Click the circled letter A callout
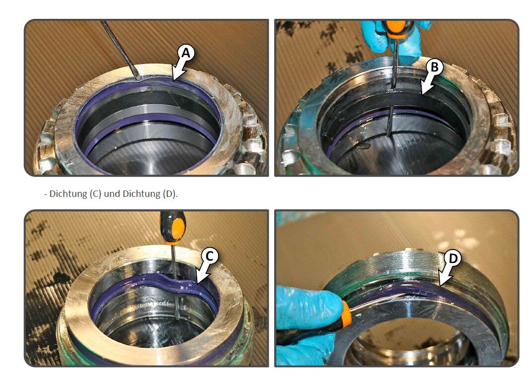click(186, 53)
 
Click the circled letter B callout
click(435, 67)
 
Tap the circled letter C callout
click(210, 256)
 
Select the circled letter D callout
click(453, 258)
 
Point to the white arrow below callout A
click(178, 71)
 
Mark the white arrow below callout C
click(203, 273)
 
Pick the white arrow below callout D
click(446, 276)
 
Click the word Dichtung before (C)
click(68, 194)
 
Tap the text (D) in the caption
click(169, 194)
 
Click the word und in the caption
click(112, 194)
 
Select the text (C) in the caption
click(95, 194)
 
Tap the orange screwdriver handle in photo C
click(173, 228)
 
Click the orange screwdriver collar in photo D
click(346, 314)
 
